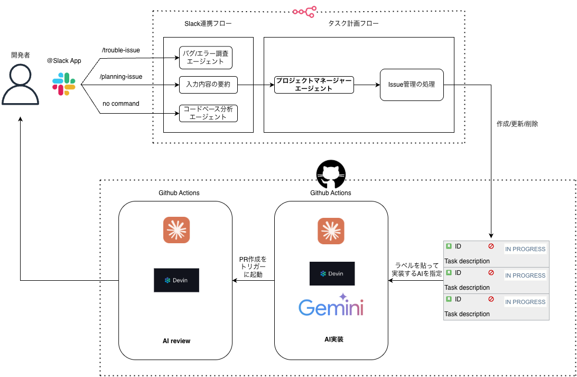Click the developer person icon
(20, 84)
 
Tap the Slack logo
(64, 84)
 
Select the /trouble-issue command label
(120, 50)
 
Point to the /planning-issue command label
(121, 77)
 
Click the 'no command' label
(121, 104)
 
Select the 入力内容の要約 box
(208, 84)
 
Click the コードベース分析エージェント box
(208, 113)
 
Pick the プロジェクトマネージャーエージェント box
(314, 85)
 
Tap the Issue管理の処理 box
(412, 85)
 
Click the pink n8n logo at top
(304, 11)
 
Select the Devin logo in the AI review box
(176, 280)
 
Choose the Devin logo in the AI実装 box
(331, 273)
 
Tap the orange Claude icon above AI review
(176, 231)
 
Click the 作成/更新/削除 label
(517, 124)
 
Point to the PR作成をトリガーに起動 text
(253, 267)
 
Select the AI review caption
(176, 341)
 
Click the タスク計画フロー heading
(353, 24)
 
